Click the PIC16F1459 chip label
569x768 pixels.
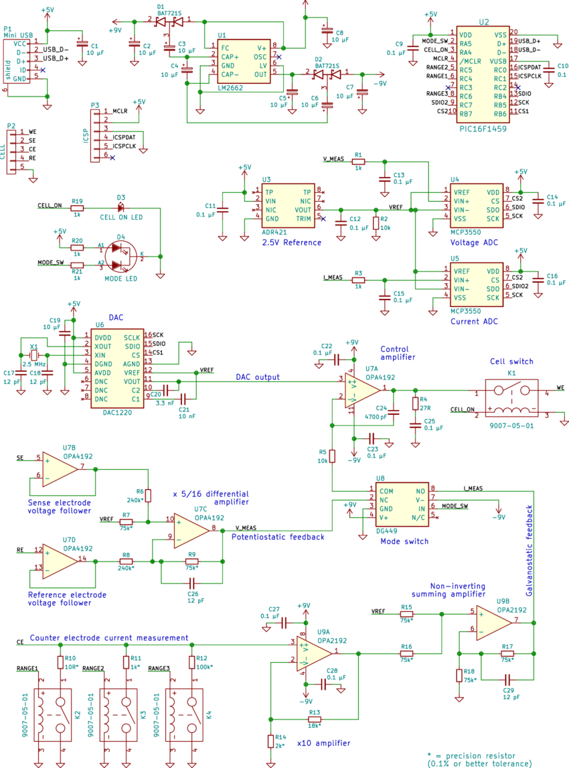tap(483, 127)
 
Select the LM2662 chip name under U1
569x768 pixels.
tap(231, 88)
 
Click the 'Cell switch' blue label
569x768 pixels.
tap(512, 361)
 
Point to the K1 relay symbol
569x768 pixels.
tap(512, 399)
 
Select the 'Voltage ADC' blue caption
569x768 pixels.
tap(474, 242)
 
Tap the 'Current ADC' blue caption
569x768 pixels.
tap(474, 321)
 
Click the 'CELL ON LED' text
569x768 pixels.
tap(121, 218)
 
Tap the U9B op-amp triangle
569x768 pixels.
tap(494, 623)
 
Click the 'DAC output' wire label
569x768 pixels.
tap(257, 378)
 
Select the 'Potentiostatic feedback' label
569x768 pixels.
tap(278, 537)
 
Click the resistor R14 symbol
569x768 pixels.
tap(270, 741)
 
